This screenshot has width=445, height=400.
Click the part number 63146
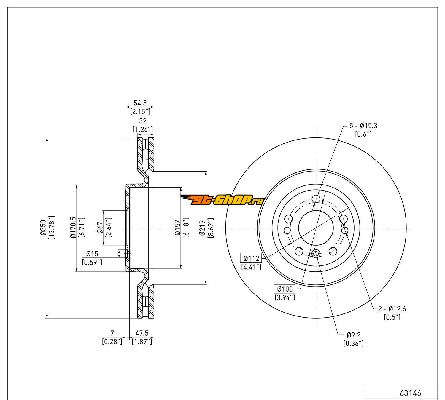tap(410, 393)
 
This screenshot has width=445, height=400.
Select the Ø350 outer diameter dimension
tap(42, 228)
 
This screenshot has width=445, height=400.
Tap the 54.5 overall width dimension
tap(140, 103)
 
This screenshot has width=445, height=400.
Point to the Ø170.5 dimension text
tap(73, 228)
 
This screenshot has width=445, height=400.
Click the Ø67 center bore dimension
tap(100, 228)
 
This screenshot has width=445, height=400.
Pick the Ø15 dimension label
tap(92, 254)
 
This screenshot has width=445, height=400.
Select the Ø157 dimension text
tap(177, 228)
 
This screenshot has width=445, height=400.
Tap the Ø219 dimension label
tap(202, 228)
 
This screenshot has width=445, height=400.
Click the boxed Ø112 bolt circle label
tap(251, 258)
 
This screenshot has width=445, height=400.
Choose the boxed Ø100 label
tap(285, 289)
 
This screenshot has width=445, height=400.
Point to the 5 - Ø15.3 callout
tap(363, 126)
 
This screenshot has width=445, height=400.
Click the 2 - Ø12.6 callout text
tap(392, 309)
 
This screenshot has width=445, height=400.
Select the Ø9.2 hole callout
tap(353, 335)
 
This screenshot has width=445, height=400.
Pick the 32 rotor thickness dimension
tap(143, 121)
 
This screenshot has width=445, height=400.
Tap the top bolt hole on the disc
tap(317, 199)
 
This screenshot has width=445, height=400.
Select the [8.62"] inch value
tap(210, 228)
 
